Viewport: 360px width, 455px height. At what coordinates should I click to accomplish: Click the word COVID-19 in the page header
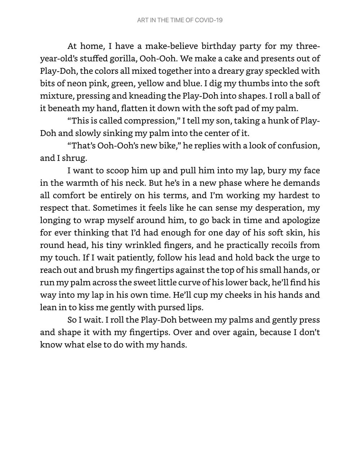pos(208,20)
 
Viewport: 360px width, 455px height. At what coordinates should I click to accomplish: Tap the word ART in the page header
pos(142,20)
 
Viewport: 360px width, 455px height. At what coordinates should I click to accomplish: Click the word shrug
pos(74,158)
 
